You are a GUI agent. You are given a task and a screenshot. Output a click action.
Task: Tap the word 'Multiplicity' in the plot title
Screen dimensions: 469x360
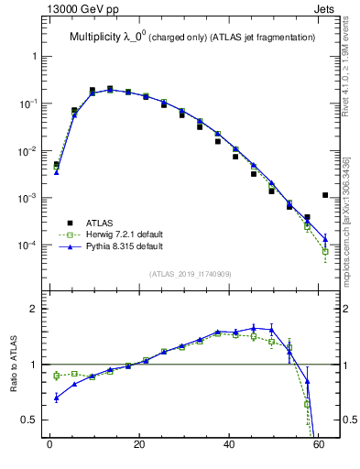[100, 38]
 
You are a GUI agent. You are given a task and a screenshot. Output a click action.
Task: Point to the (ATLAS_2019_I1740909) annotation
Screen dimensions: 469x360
[191, 274]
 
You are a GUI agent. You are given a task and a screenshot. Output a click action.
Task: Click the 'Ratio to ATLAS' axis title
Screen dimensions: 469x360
[14, 365]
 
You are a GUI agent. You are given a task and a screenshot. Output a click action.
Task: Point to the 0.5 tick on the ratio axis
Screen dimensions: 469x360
[31, 420]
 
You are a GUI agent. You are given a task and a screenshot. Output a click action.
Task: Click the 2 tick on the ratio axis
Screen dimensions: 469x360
[35, 310]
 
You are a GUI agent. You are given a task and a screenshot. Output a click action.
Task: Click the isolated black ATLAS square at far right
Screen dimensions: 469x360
[325, 194]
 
